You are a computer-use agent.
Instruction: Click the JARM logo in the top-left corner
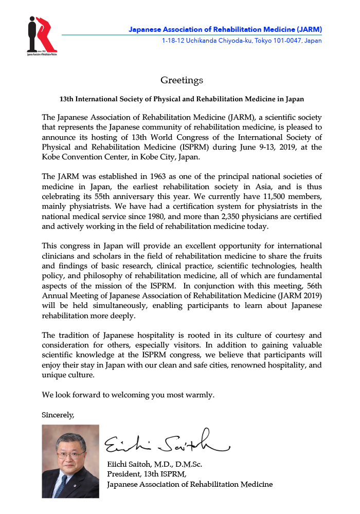click(42, 35)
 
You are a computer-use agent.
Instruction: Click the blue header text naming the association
click(225, 29)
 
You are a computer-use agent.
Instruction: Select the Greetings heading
click(182, 80)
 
